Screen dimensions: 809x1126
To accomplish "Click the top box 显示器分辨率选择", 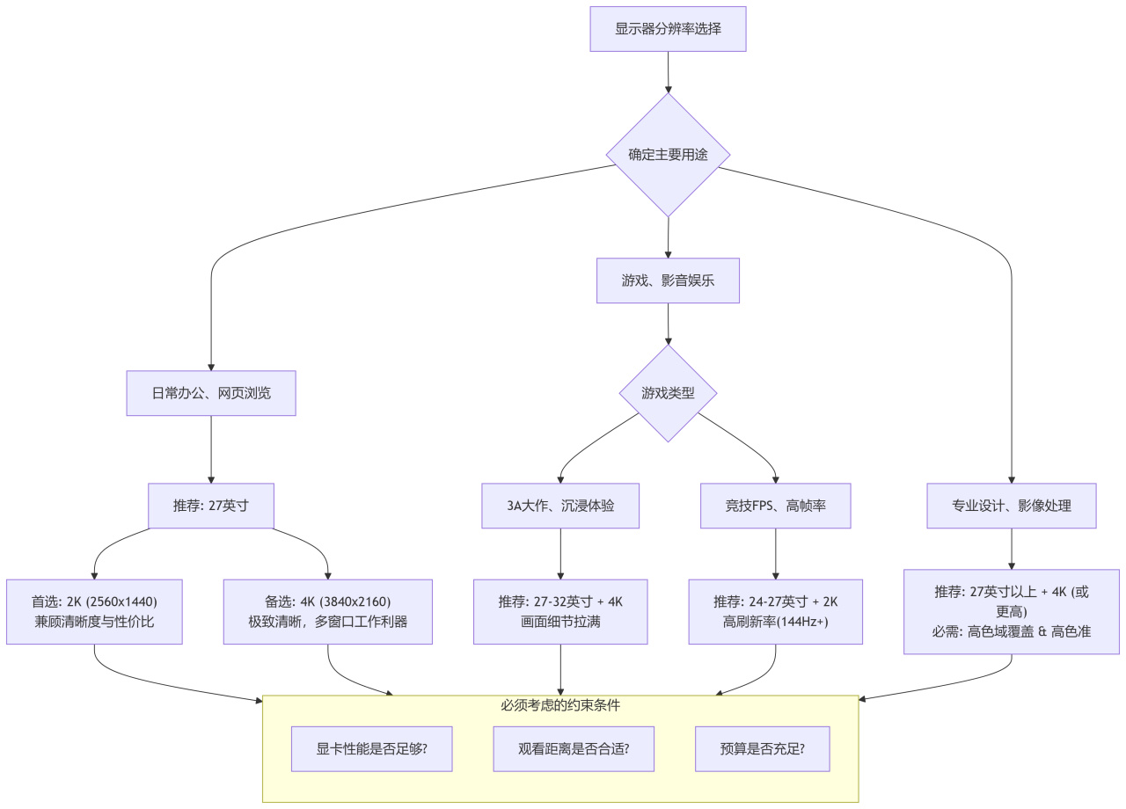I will coord(668,29).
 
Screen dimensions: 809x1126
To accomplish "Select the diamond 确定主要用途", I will coord(668,155).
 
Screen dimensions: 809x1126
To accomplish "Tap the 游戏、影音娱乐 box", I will coord(668,281).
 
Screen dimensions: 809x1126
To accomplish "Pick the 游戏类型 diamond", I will coord(668,393).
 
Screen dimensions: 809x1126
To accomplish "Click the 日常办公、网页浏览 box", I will coord(211,393).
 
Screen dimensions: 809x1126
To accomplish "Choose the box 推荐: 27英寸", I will coord(211,506).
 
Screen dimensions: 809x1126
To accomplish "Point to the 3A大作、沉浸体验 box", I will coord(560,506).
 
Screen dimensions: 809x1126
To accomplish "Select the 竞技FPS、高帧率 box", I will coord(775,506).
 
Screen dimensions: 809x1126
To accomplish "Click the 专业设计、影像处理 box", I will coord(1011,506).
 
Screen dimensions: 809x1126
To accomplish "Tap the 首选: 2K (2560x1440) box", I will coord(94,612).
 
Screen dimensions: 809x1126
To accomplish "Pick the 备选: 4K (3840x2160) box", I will coord(327,612).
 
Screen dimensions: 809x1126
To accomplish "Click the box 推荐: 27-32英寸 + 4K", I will coord(560,612).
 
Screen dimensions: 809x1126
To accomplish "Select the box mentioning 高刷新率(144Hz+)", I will coord(775,612).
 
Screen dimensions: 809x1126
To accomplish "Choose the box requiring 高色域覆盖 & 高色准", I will coord(1011,612).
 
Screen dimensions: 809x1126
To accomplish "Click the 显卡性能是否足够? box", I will coord(372,749).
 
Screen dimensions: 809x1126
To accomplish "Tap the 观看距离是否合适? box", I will coord(574,749).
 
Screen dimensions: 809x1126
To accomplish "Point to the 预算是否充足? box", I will coord(762,749).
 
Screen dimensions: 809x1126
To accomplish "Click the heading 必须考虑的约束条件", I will coord(560,705).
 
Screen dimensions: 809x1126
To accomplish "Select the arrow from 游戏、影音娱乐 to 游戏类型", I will coord(668,324).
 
